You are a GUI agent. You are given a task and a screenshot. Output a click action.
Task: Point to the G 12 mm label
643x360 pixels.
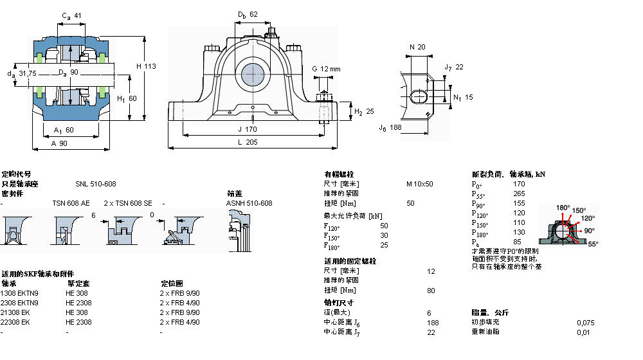(326, 69)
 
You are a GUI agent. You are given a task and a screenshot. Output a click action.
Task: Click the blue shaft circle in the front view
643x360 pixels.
(253, 75)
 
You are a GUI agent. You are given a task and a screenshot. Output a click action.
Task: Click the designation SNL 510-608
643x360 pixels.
(96, 184)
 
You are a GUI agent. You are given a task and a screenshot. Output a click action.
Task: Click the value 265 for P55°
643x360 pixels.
(519, 194)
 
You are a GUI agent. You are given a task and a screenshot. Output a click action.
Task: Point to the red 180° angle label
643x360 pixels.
(563, 208)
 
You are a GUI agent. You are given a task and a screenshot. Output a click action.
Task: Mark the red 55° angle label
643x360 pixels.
(592, 244)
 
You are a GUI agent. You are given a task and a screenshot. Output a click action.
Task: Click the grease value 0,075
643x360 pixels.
(585, 322)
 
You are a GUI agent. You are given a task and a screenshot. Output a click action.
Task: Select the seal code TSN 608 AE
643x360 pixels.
(71, 203)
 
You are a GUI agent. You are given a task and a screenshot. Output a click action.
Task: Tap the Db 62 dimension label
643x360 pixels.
(247, 14)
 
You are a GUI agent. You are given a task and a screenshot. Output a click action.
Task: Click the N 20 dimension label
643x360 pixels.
(417, 47)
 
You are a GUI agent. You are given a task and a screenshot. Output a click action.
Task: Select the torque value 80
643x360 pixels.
(430, 290)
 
